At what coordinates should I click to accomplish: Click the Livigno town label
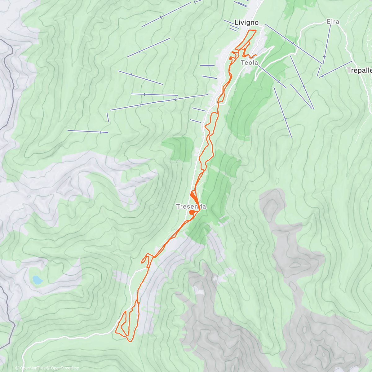click(246, 22)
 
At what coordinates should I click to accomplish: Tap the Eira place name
click(333, 22)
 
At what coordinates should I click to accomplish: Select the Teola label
click(250, 63)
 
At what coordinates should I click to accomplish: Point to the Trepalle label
click(359, 70)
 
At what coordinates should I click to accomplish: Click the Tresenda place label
click(191, 206)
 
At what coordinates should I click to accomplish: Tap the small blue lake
click(38, 280)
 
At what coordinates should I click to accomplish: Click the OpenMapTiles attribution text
click(30, 368)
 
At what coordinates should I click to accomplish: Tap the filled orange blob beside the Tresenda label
click(192, 212)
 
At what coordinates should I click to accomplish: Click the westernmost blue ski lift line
click(87, 131)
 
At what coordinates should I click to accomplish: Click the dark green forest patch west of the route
click(179, 148)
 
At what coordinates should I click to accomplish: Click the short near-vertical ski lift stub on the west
click(108, 117)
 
